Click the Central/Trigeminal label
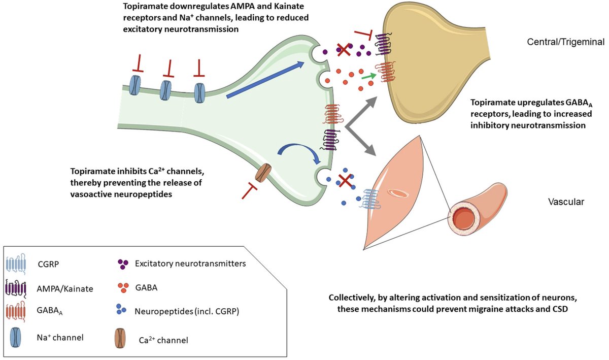[x=565, y=42]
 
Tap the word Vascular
[x=566, y=202]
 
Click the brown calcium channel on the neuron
[x=263, y=172]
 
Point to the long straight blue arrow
[x=265, y=80]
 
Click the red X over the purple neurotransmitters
[x=344, y=50]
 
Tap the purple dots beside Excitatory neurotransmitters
[x=122, y=264]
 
